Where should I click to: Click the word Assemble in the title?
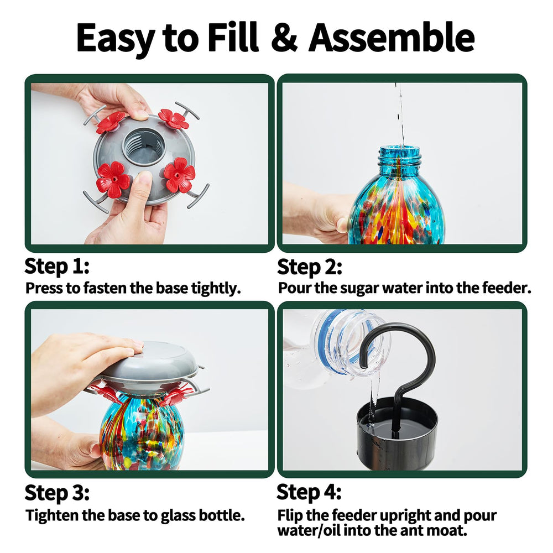392,37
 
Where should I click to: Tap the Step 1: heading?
57,266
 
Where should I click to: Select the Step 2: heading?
309,267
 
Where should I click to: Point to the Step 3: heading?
57,492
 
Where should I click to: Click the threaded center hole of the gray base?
144,147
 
